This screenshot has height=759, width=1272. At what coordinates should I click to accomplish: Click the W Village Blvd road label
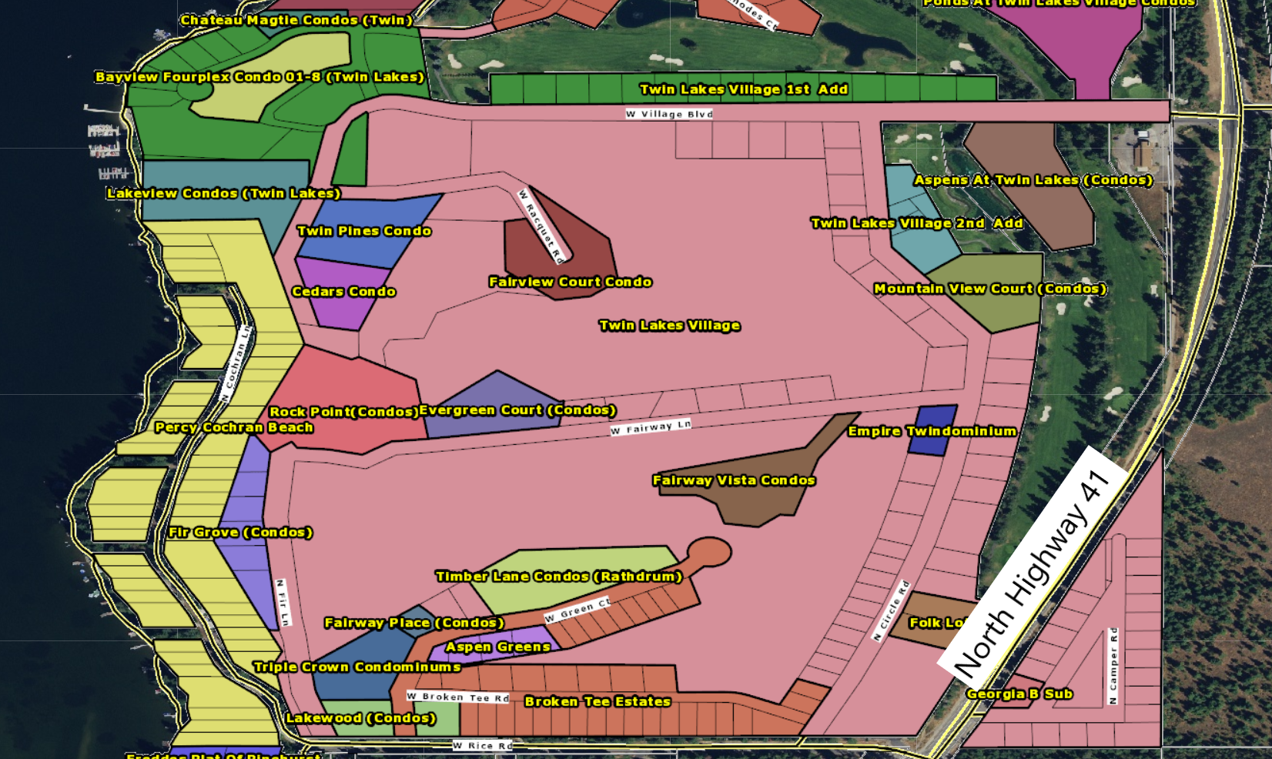pyautogui.click(x=669, y=114)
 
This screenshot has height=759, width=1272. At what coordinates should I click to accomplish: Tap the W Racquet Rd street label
pyautogui.click(x=543, y=226)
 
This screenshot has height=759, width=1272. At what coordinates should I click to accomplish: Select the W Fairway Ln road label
pyautogui.click(x=651, y=427)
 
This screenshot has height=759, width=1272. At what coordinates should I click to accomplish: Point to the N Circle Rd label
pyautogui.click(x=892, y=610)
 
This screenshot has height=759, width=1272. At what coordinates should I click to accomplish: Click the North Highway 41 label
pyautogui.click(x=1032, y=574)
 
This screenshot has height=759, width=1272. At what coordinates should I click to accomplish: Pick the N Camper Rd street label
pyautogui.click(x=1113, y=666)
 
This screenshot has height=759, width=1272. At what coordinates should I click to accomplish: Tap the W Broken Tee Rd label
pyautogui.click(x=458, y=697)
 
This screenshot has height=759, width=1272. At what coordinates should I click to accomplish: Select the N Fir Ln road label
pyautogui.click(x=283, y=603)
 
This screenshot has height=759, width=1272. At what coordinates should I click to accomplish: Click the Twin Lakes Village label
pyautogui.click(x=670, y=326)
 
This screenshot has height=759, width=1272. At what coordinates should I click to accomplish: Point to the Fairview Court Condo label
pyautogui.click(x=571, y=282)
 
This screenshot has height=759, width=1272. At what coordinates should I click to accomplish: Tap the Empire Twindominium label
pyautogui.click(x=932, y=431)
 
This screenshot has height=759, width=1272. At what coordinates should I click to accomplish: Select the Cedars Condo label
pyautogui.click(x=344, y=292)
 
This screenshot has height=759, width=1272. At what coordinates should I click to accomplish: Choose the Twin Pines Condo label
pyautogui.click(x=364, y=231)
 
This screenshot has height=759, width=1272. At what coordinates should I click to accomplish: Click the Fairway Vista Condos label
pyautogui.click(x=734, y=480)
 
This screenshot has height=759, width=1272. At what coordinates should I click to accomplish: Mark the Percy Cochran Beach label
pyautogui.click(x=234, y=427)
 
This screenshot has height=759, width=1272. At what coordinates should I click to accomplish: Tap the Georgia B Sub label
pyautogui.click(x=1019, y=694)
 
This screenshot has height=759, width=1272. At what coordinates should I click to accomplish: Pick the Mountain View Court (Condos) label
pyautogui.click(x=990, y=289)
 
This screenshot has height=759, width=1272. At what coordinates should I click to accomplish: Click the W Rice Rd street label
pyautogui.click(x=482, y=745)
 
